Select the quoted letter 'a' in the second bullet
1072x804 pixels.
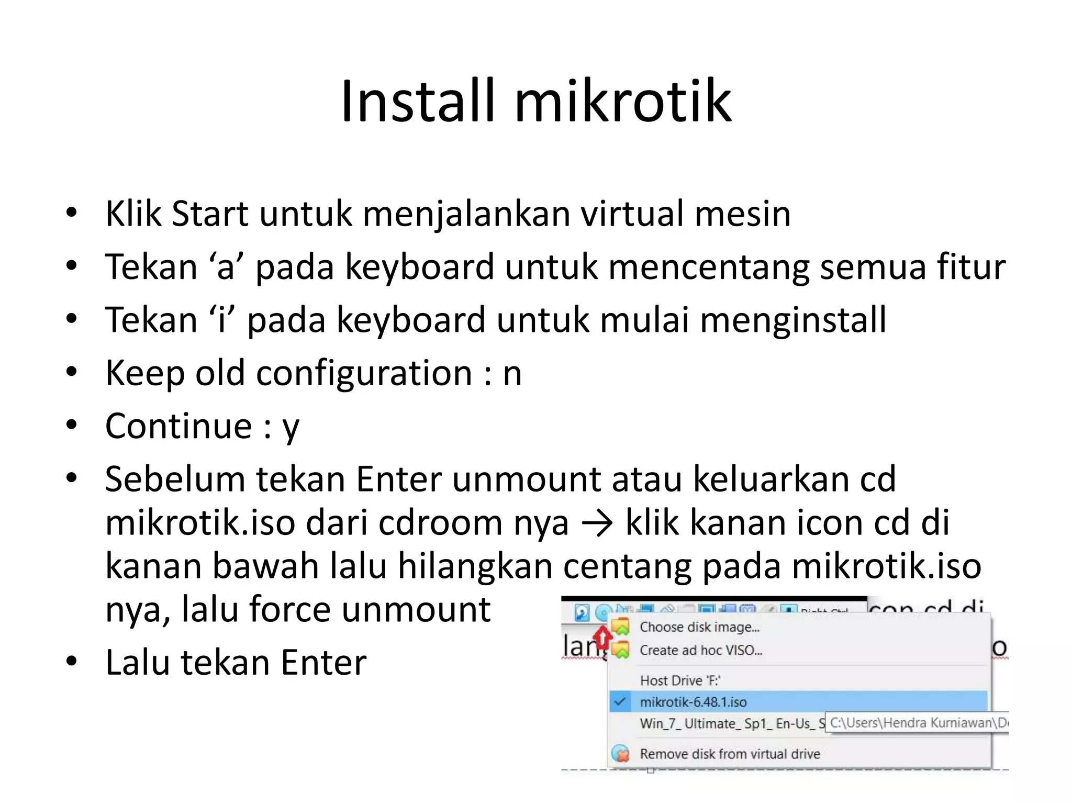click(226, 267)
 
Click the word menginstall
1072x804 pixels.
click(792, 320)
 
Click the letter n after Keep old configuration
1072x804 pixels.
click(512, 374)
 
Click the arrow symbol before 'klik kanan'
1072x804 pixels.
click(597, 523)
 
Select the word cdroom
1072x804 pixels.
click(440, 523)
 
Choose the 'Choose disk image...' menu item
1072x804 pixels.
click(699, 627)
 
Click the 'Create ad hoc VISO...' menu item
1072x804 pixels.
click(700, 650)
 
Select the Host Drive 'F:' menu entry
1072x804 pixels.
click(680, 680)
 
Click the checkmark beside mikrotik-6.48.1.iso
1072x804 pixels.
click(620, 702)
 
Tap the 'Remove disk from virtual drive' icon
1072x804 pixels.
click(621, 754)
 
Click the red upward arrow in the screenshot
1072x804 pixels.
click(603, 638)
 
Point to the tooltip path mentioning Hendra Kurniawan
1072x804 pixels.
click(918, 723)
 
